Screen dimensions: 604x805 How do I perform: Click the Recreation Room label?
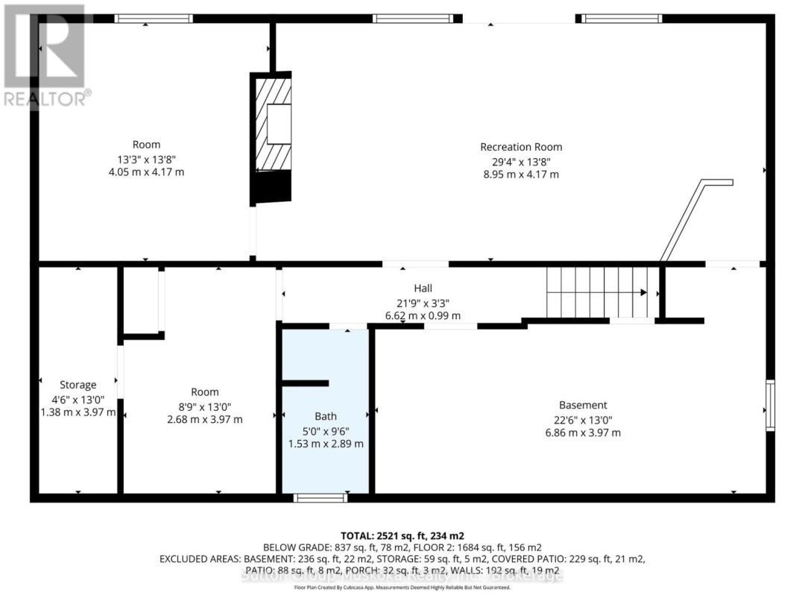coord(521,147)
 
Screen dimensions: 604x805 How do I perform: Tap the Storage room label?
coord(78,385)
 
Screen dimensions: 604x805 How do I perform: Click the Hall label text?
coord(423,289)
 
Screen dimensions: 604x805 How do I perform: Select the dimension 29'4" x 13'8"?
coord(521,161)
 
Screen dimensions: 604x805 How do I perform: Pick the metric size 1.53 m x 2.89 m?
coord(326,444)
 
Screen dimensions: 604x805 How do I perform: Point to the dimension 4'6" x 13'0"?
coord(78,399)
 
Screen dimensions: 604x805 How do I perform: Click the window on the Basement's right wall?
coord(770,406)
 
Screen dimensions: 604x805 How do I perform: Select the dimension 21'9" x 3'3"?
coord(423,303)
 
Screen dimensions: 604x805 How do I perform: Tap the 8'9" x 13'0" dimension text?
coord(204,406)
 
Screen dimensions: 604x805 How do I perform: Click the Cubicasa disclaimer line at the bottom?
coord(402,588)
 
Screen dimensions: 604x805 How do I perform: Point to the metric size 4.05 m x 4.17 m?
coord(146,172)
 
